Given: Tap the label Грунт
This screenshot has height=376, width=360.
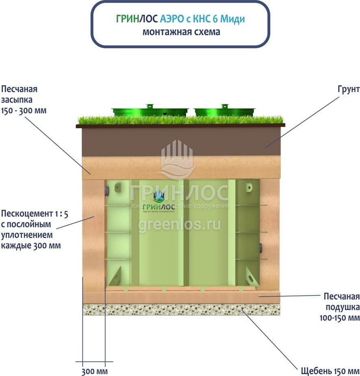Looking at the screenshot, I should click(348, 89).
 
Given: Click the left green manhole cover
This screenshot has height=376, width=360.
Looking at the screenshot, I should click(150, 110).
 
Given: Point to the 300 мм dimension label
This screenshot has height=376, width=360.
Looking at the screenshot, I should click(94, 371).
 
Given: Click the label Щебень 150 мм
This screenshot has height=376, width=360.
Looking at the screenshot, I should click(330, 371).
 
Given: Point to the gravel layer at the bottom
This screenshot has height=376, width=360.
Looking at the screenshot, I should click(181, 310).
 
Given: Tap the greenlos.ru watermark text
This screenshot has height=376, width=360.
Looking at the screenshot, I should click(180, 224).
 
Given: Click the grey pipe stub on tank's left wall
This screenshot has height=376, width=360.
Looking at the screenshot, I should click(106, 191).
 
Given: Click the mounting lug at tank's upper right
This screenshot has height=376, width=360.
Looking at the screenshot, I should click(249, 188).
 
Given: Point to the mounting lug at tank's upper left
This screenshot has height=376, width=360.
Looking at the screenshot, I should click(118, 188).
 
